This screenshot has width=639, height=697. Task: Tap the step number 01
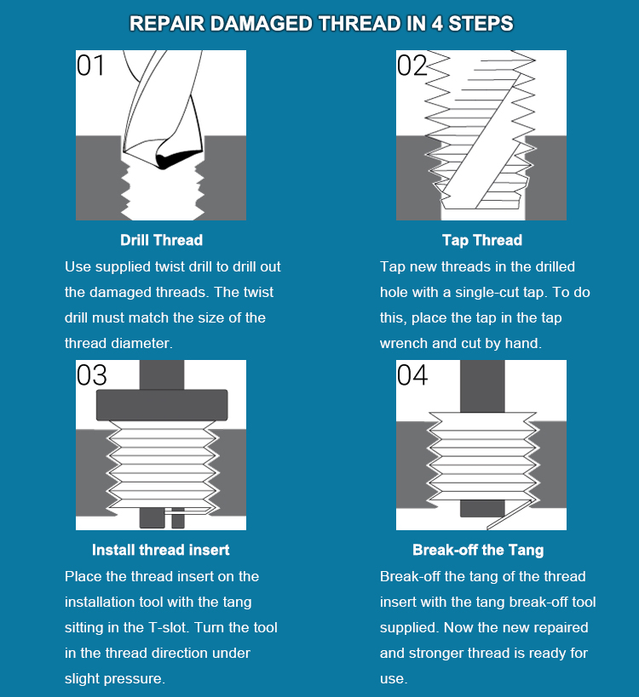point(91,66)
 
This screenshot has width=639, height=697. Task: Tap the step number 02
point(412,66)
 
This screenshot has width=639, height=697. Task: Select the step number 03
point(92,375)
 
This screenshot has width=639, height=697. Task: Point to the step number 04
point(412,375)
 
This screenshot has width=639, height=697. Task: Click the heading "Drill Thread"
point(161,240)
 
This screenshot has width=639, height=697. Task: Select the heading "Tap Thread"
point(481,240)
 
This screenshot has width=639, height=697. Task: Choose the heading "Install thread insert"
point(161,550)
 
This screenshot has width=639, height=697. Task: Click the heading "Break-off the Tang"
point(478,550)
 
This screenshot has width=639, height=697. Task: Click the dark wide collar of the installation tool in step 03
point(162,404)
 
